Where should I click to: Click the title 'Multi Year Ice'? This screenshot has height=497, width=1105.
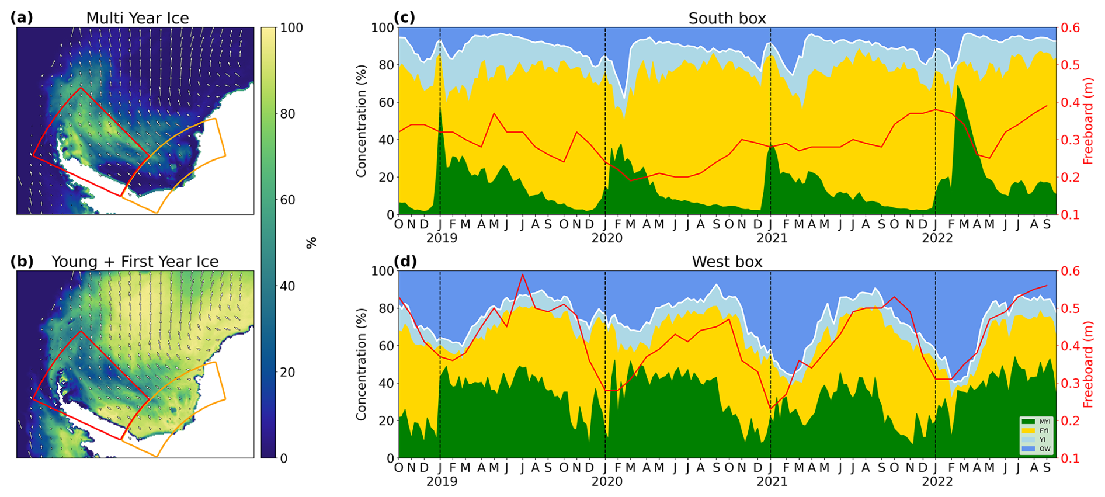click(137, 18)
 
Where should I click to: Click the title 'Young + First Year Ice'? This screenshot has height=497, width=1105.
click(135, 262)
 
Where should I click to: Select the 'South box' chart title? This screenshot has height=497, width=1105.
click(727, 18)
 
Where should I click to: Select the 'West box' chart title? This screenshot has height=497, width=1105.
click(727, 262)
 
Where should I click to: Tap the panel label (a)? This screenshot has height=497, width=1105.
click(22, 18)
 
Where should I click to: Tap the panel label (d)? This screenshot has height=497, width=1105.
click(405, 261)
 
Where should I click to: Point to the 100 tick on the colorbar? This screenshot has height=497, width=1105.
click(291, 27)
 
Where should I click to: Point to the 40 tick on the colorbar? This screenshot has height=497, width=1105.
click(287, 286)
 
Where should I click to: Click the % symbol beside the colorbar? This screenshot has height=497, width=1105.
click(311, 242)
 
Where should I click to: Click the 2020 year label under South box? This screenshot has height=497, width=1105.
click(607, 238)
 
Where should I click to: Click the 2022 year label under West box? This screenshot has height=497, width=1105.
click(937, 481)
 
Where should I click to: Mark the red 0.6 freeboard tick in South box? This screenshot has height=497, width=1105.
click(1071, 27)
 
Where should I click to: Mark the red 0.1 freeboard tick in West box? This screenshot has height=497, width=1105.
click(1071, 458)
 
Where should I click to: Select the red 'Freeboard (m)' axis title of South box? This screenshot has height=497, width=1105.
click(1088, 121)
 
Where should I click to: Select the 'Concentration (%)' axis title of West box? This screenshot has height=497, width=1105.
click(362, 364)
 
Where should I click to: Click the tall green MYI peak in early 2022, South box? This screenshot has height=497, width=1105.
click(958, 88)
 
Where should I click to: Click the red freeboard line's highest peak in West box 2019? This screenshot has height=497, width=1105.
click(523, 274)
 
